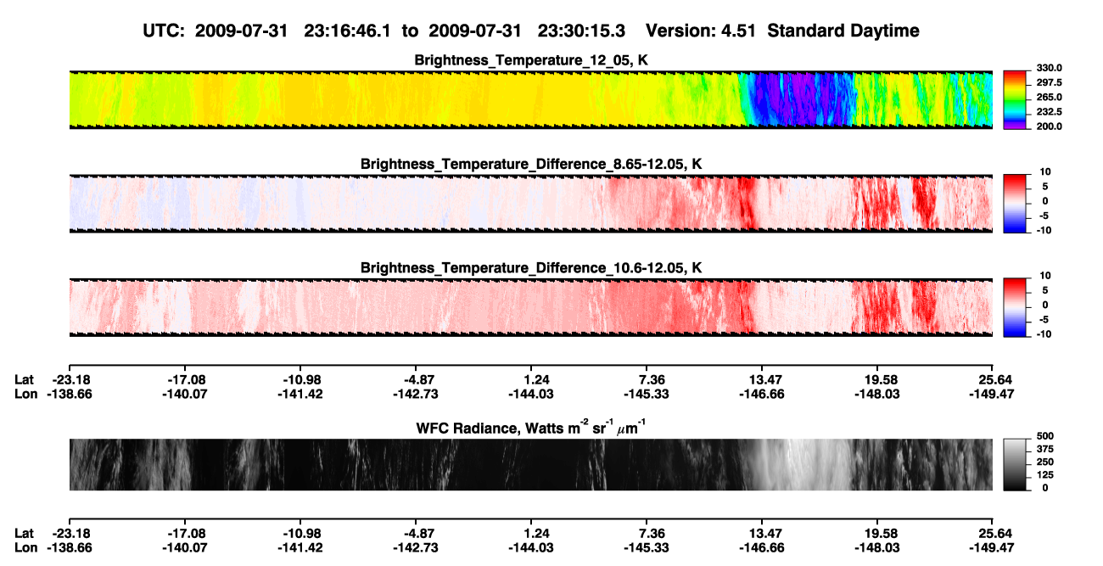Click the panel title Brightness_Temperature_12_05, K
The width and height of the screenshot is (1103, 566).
pyautogui.click(x=531, y=60)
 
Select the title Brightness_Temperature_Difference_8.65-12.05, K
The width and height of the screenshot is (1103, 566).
pyautogui.click(x=531, y=164)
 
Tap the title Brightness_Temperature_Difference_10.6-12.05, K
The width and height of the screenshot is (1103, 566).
pyautogui.click(x=531, y=268)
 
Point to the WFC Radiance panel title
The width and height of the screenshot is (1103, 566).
pyautogui.click(x=531, y=428)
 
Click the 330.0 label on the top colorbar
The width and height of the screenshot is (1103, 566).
pyautogui.click(x=1049, y=68)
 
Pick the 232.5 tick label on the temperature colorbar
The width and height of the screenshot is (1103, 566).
pyautogui.click(x=1049, y=112)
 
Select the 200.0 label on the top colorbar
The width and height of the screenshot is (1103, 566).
pyautogui.click(x=1049, y=126)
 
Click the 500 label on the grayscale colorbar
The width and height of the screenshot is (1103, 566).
pyautogui.click(x=1045, y=436)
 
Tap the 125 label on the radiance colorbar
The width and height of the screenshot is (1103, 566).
pyautogui.click(x=1045, y=475)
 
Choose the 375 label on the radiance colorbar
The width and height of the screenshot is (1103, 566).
pyautogui.click(x=1045, y=449)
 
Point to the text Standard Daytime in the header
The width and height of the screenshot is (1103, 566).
pyautogui.click(x=843, y=31)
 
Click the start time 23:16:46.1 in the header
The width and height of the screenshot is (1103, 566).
pyautogui.click(x=347, y=31)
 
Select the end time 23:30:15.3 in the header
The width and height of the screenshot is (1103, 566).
pyautogui.click(x=581, y=31)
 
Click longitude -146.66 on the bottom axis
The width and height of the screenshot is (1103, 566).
pyautogui.click(x=762, y=548)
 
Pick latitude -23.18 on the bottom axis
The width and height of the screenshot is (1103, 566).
pyautogui.click(x=69, y=534)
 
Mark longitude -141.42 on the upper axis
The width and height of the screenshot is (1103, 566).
pyautogui.click(x=300, y=394)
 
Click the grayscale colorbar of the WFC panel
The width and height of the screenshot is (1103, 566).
pyautogui.click(x=1015, y=464)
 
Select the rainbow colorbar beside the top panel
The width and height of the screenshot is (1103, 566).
pyautogui.click(x=1015, y=100)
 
